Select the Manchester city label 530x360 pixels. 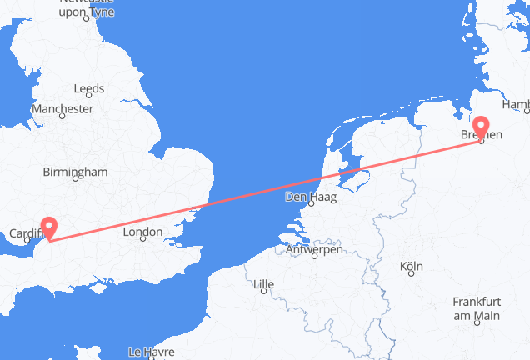(62, 109)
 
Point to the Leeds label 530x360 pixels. (88, 88)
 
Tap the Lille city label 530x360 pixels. (263, 284)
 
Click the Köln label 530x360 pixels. (411, 267)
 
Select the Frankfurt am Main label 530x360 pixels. (477, 309)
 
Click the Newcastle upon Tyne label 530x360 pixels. (87, 7)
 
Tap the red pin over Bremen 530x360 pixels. (481, 127)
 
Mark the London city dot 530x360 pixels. (143, 239)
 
